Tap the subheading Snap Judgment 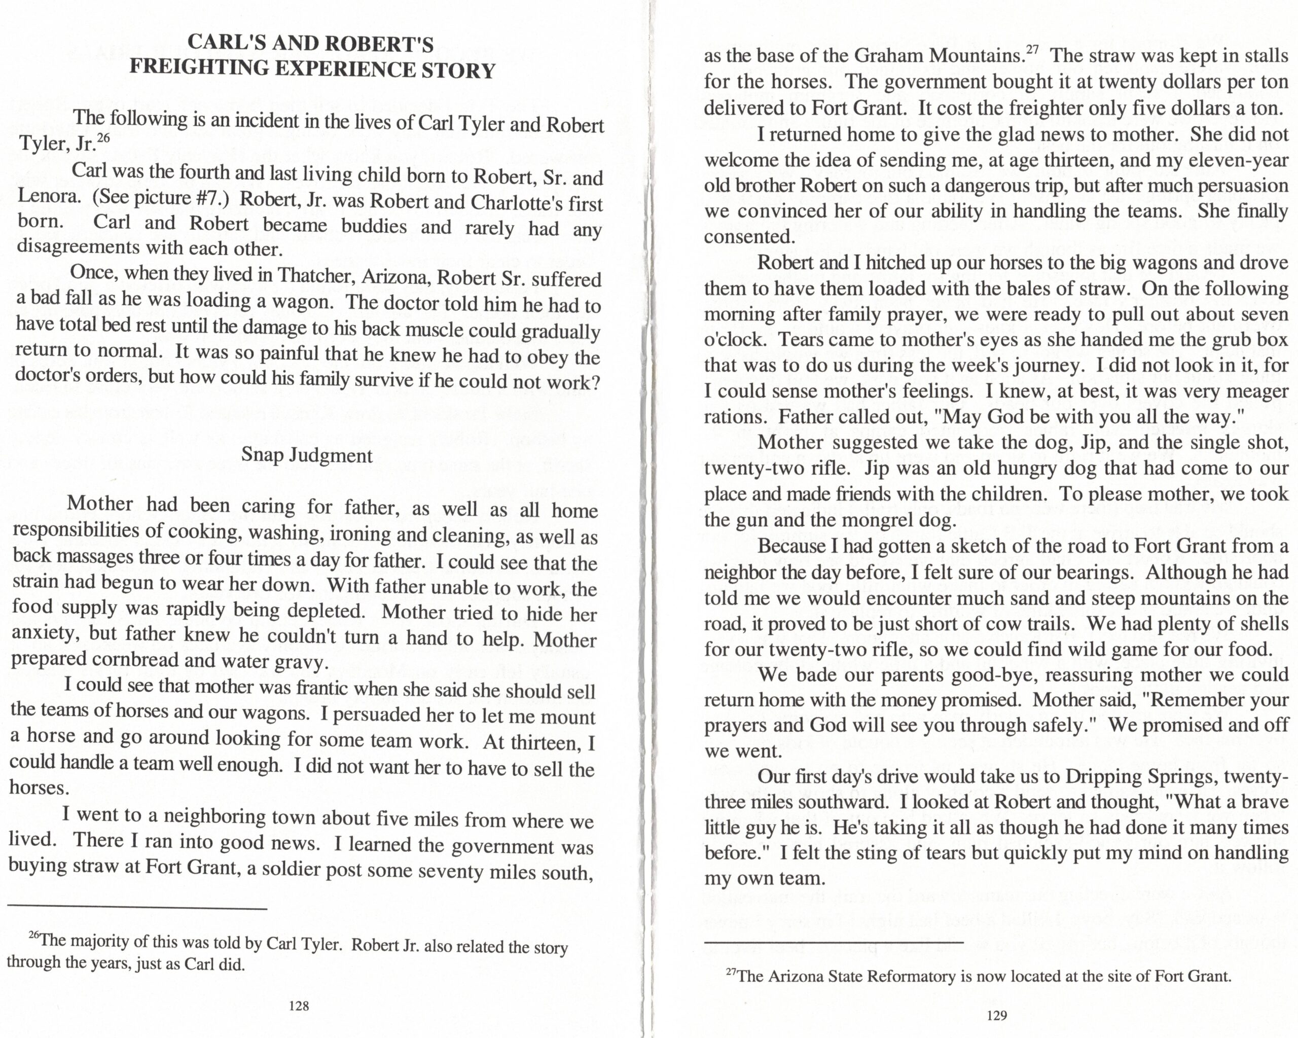pyautogui.click(x=307, y=454)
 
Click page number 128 pyautogui.click(x=299, y=1006)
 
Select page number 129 pyautogui.click(x=997, y=1016)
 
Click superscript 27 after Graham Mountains pyautogui.click(x=1032, y=50)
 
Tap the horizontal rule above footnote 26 pyautogui.click(x=137, y=909)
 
